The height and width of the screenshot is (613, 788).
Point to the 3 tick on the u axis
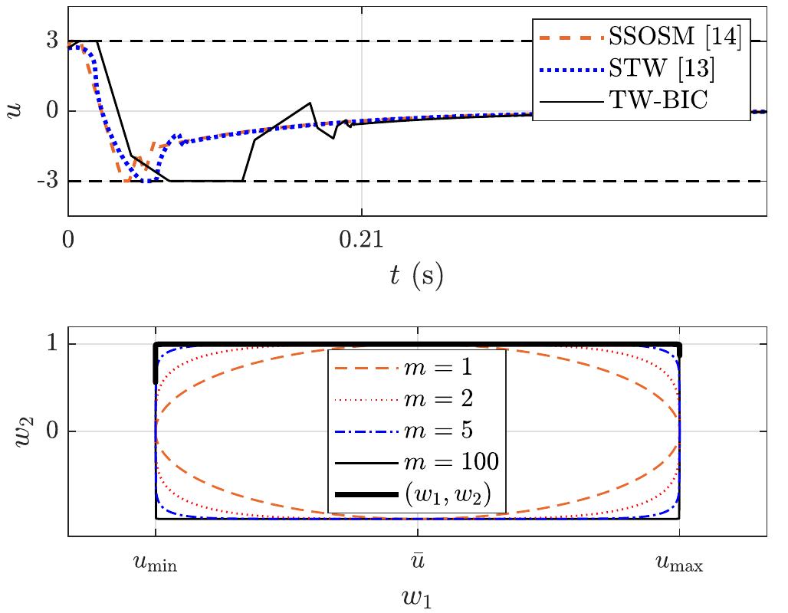[x=52, y=41]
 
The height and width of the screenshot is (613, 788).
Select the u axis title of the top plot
[x=17, y=110]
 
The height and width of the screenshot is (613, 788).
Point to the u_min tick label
[x=156, y=565]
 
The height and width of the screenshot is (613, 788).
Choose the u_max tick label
[x=679, y=565]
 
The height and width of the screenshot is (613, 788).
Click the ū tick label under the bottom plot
[x=417, y=562]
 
